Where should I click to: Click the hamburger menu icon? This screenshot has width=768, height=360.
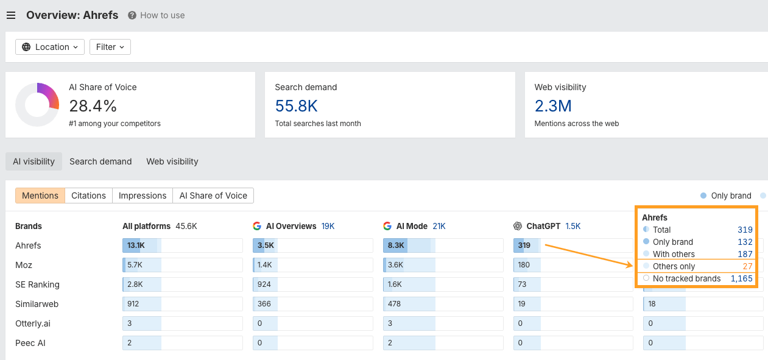(x=11, y=15)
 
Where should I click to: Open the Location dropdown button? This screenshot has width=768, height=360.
(x=50, y=47)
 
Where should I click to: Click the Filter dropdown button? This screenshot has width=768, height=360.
(x=110, y=47)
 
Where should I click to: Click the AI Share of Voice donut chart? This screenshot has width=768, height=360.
(x=37, y=105)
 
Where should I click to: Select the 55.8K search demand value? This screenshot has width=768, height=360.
(x=296, y=106)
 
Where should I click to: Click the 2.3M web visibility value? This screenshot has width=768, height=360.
(x=553, y=106)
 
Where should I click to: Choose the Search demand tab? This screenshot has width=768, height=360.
(x=100, y=161)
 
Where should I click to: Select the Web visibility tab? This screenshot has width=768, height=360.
(x=172, y=161)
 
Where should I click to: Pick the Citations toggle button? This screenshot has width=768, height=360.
(x=88, y=196)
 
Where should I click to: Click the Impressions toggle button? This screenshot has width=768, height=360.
(x=143, y=196)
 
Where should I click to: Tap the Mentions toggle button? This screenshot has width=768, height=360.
(x=40, y=196)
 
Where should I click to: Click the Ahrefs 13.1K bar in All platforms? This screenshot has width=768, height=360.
(x=140, y=245)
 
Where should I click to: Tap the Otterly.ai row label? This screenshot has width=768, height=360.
(x=32, y=323)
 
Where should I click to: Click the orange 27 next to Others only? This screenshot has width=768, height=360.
(x=747, y=266)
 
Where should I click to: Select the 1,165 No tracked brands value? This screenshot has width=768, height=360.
(x=741, y=278)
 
